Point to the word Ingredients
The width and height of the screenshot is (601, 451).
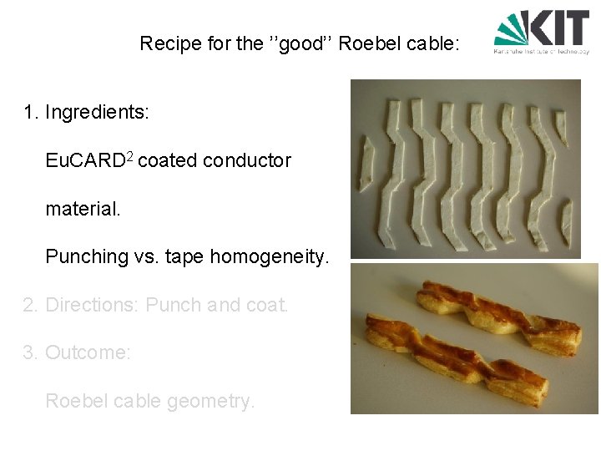tap(98, 112)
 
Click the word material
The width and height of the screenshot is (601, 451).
tap(83, 209)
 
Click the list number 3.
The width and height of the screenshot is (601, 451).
tap(29, 353)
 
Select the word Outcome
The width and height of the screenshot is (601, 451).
tap(88, 353)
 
